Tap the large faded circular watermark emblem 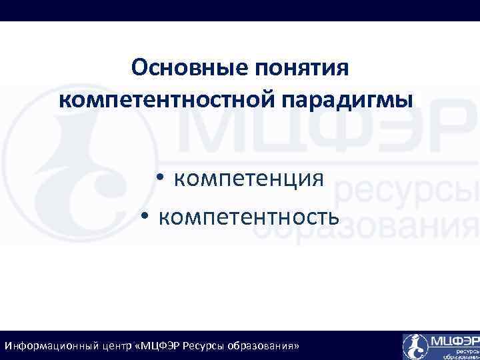pyautogui.click(x=80, y=167)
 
